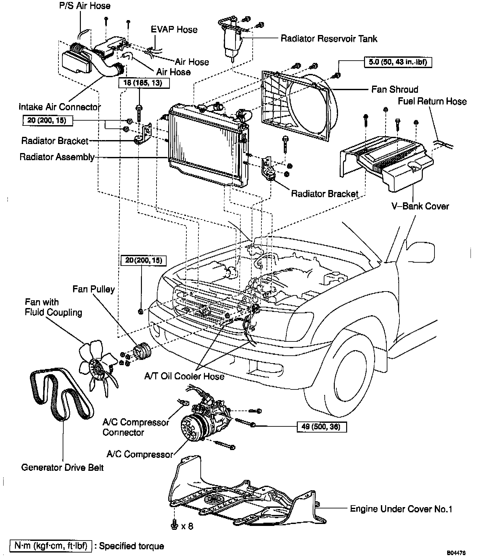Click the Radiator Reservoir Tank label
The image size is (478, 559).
coord(329,39)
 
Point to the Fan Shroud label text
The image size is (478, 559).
coord(395,89)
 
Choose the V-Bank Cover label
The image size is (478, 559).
coord(420,206)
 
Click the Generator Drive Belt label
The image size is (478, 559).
coord(62,467)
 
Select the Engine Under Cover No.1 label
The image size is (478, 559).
coord(401,509)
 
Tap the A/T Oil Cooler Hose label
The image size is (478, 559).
coord(184,376)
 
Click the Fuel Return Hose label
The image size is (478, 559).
coord(432,101)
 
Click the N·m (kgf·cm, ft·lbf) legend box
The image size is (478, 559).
coord(51,546)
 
